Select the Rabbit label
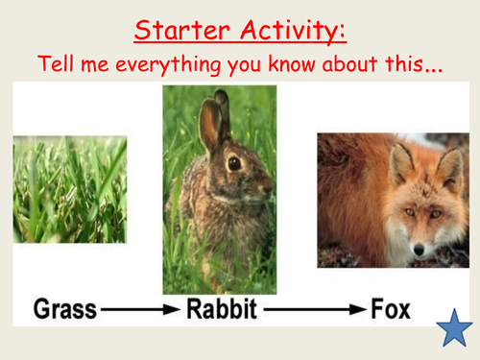(218, 310)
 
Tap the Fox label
(391, 310)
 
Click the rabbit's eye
(233, 163)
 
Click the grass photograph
(69, 188)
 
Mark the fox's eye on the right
(436, 213)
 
